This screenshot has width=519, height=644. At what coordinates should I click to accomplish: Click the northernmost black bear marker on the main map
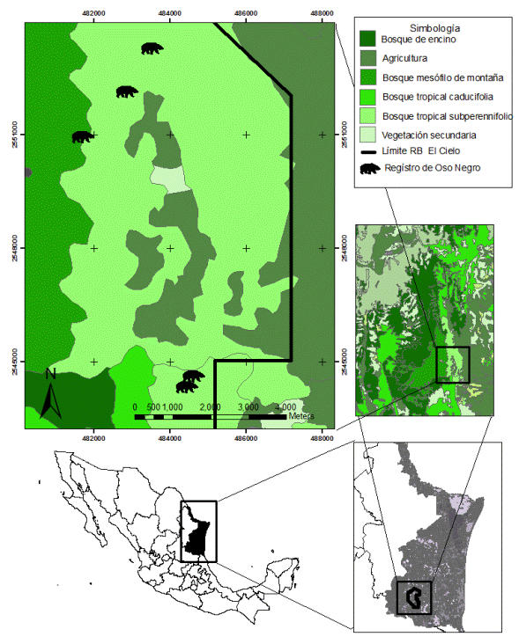pyautogui.click(x=152, y=48)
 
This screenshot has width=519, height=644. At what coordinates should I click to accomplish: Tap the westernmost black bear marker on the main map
pyautogui.click(x=83, y=137)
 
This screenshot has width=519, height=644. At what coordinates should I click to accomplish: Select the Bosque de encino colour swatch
pyautogui.click(x=369, y=39)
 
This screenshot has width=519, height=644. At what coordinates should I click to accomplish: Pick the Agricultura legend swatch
pyautogui.click(x=369, y=58)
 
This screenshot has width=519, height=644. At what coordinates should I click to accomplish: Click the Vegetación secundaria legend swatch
pyautogui.click(x=369, y=135)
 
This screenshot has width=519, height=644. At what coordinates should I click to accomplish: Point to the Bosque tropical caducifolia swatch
pyautogui.click(x=369, y=97)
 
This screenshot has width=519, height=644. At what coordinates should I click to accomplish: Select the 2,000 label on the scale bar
pyautogui.click(x=210, y=407)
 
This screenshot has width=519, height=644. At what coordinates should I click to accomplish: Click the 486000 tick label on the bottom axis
pyautogui.click(x=246, y=435)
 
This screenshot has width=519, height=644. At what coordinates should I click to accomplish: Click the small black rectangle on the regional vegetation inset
pyautogui.click(x=453, y=364)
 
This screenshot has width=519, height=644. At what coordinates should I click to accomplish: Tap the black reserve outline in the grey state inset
pyautogui.click(x=413, y=598)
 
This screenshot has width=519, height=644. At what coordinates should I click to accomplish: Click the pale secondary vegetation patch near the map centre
pyautogui.click(x=170, y=178)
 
